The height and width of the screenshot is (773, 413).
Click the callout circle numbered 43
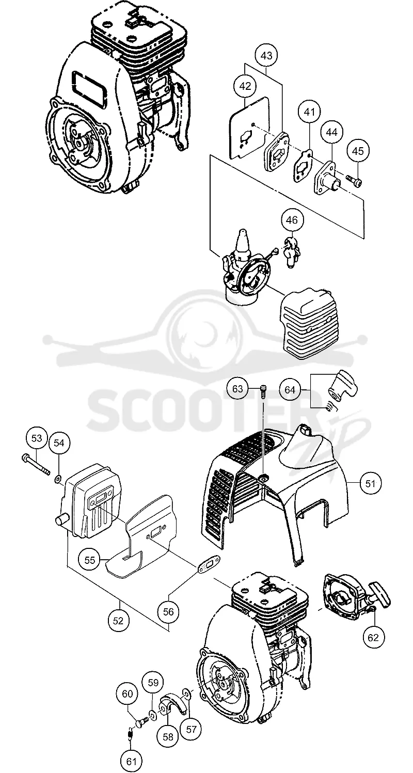point(266,56)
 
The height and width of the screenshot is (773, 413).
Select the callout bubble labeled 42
point(245,86)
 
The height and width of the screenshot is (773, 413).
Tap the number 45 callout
point(358,151)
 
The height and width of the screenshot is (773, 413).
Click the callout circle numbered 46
point(292,220)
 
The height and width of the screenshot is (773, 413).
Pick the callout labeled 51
point(370,483)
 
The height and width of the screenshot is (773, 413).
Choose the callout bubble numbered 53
point(37,438)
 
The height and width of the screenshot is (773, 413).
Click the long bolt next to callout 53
point(35,464)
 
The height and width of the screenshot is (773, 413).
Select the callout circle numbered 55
point(89,560)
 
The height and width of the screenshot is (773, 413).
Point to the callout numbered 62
point(373,637)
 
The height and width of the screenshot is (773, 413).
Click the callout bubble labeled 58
point(168,734)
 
